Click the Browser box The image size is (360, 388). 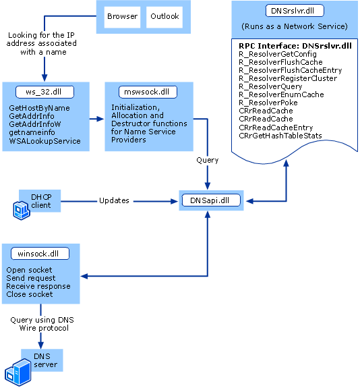tap(122, 17)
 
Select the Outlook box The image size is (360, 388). tap(164, 17)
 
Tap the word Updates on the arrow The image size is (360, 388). tap(114, 201)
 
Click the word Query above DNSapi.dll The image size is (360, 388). tap(207, 161)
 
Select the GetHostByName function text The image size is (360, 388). tap(40, 108)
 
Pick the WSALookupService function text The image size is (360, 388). tap(45, 141)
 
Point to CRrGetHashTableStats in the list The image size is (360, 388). tap(280, 136)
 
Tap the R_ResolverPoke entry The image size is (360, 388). tap(268, 103)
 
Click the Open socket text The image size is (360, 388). tap(30, 271)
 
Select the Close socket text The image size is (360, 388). tap(30, 295)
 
